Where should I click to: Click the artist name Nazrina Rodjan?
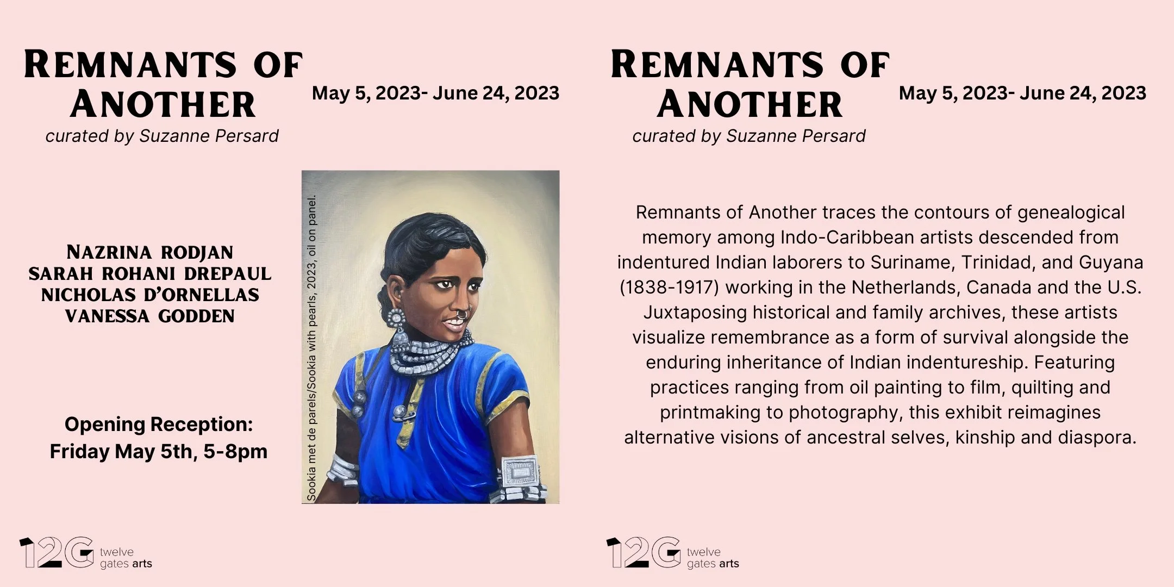pyautogui.click(x=150, y=253)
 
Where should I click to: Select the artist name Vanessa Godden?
pyautogui.click(x=150, y=316)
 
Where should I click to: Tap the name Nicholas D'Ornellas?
pyautogui.click(x=150, y=295)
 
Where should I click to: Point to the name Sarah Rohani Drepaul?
pyautogui.click(x=150, y=274)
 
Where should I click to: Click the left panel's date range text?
pyautogui.click(x=435, y=93)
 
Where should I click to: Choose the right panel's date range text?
pyautogui.click(x=1022, y=93)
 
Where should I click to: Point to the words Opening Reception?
pyautogui.click(x=159, y=424)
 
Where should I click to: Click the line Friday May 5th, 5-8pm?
pyautogui.click(x=159, y=452)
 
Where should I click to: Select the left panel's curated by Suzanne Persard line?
pyautogui.click(x=162, y=136)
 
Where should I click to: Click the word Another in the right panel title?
pyautogui.click(x=750, y=104)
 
